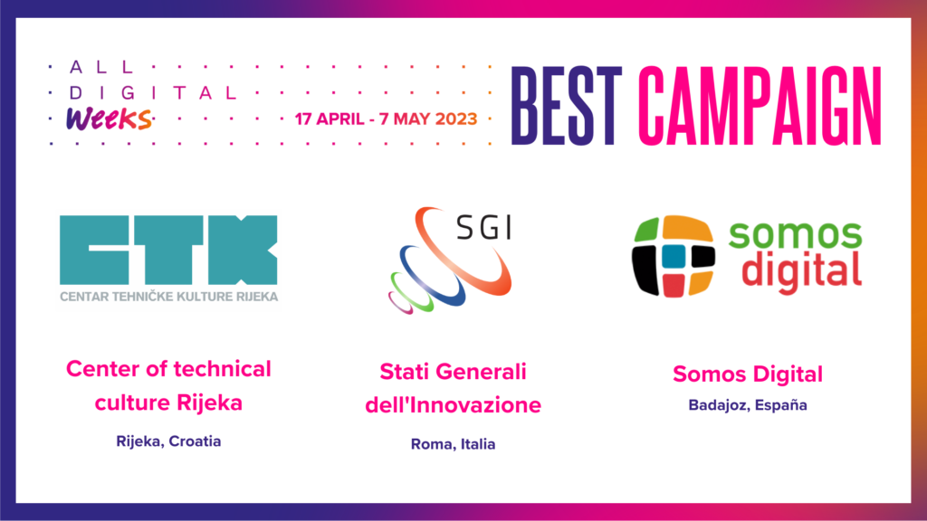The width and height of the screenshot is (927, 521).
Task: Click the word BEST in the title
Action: [x=567, y=106]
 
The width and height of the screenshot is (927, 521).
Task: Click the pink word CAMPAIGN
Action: [x=760, y=106]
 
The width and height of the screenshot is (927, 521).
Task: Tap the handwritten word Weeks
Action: [x=109, y=118]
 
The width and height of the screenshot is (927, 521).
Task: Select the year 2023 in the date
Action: [x=456, y=118]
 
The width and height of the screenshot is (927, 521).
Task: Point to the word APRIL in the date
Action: [x=340, y=118]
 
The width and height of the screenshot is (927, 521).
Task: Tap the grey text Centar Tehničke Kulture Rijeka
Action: [x=169, y=297]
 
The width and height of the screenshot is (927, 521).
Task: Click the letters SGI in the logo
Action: [x=484, y=227]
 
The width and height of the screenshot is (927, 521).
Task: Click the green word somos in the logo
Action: [x=795, y=234]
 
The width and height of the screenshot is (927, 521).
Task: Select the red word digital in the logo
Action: [x=801, y=271]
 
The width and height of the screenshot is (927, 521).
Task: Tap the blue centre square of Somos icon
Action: [x=674, y=256]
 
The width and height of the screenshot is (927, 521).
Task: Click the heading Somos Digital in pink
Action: [x=748, y=374]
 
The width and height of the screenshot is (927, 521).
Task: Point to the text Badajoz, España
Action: [x=748, y=405]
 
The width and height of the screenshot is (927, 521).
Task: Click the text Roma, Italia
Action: [x=453, y=444]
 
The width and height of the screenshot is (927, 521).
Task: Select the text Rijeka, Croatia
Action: [x=168, y=441]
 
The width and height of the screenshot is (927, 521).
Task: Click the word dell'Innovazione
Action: [x=453, y=405]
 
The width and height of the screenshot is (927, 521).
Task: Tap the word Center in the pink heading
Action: [x=102, y=369]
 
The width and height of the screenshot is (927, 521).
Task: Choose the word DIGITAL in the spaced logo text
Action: [x=152, y=93]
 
